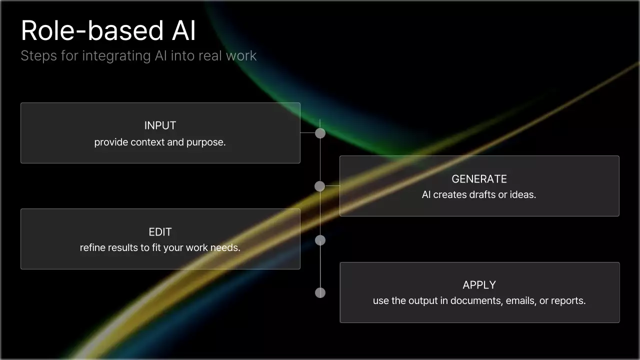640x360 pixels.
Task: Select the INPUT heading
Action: click(x=160, y=125)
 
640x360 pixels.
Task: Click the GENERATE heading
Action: click(x=479, y=179)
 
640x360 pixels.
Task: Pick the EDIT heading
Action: click(x=160, y=232)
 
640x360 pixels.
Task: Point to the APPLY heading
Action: click(x=479, y=285)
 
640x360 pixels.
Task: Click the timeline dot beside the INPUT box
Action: click(x=320, y=133)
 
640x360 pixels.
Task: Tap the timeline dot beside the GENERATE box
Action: click(x=320, y=186)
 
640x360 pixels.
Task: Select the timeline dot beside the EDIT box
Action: click(x=320, y=240)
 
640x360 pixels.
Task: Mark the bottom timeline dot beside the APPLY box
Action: click(x=320, y=292)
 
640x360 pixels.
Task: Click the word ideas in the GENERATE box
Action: click(x=522, y=194)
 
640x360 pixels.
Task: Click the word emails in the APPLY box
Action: click(x=521, y=300)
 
